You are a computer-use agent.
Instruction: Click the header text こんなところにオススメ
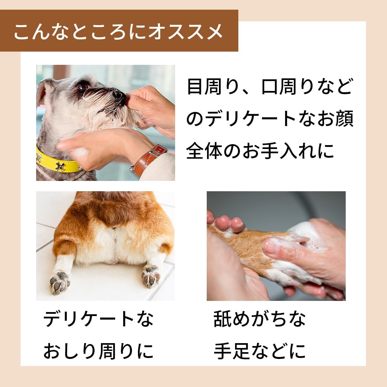click(x=118, y=32)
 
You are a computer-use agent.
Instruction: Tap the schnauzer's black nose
click(x=119, y=94)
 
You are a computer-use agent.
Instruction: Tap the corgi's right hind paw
click(x=152, y=276)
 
